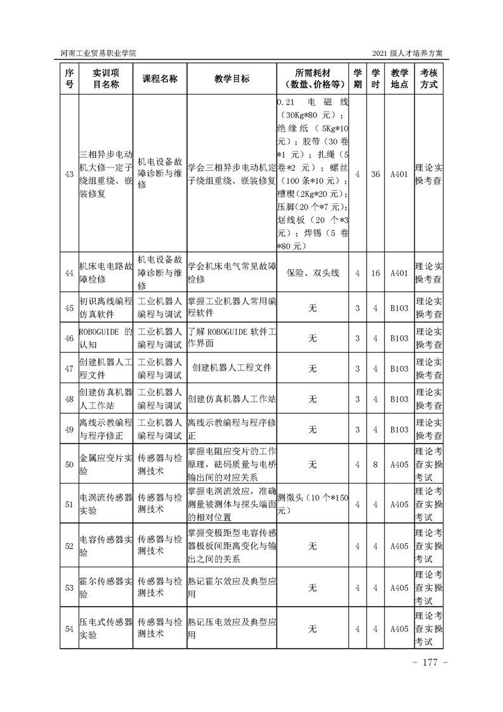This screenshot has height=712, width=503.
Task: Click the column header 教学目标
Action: [232, 78]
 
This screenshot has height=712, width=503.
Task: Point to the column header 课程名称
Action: [160, 78]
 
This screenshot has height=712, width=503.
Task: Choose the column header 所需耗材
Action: [312, 78]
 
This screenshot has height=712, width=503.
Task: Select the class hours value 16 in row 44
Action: [376, 273]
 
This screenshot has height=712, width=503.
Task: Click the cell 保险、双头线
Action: [312, 273]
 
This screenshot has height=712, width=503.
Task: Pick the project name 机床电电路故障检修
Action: [106, 273]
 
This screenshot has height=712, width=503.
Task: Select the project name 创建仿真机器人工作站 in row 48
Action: [106, 399]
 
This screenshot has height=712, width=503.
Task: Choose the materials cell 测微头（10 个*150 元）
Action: [312, 504]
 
